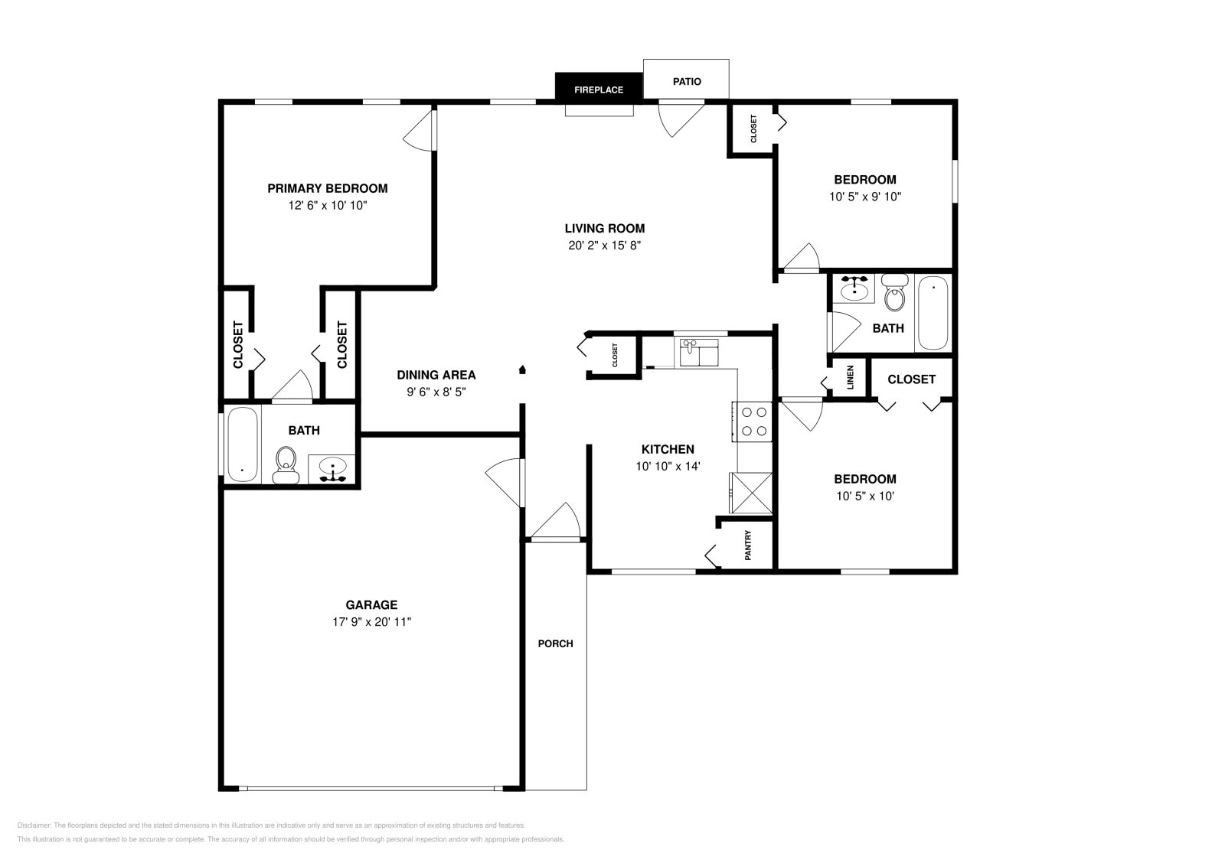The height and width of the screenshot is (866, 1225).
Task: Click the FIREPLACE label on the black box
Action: tap(599, 90)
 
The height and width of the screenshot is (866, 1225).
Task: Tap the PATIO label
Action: tap(687, 82)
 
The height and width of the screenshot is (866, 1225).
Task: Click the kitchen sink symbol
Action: tap(697, 354)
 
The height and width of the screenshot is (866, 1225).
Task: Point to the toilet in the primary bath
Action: tap(286, 464)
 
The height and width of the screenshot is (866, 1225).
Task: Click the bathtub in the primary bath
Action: tap(243, 444)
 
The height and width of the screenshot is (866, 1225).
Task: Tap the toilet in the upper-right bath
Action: tap(894, 294)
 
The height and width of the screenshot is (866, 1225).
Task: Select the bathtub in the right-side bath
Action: tap(933, 313)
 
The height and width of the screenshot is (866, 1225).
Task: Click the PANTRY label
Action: tap(748, 545)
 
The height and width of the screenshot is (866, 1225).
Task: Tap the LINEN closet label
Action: tap(851, 378)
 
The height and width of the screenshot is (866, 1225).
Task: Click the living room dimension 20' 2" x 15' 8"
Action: tap(604, 246)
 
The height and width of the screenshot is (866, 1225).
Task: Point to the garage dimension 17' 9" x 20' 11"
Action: tap(371, 622)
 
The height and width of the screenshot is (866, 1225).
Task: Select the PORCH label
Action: tap(555, 643)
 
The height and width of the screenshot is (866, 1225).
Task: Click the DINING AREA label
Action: tap(436, 375)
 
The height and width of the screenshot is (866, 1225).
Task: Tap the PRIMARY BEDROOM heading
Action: tap(327, 188)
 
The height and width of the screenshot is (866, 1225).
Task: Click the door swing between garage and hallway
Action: tap(505, 480)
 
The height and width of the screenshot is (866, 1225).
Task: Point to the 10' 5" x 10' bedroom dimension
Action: tap(865, 496)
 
